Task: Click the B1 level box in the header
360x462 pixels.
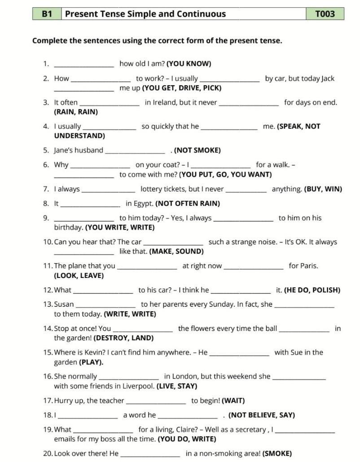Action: point(47,14)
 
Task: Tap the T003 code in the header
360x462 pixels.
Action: point(325,14)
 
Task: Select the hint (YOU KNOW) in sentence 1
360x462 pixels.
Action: point(189,64)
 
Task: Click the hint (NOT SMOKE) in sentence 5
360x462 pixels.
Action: point(198,150)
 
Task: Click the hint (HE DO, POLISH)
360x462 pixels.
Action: point(312,290)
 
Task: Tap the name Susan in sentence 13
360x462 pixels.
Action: point(64,304)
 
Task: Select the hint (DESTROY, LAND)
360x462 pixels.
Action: point(123,338)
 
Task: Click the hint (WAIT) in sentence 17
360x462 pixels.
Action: point(234,400)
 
